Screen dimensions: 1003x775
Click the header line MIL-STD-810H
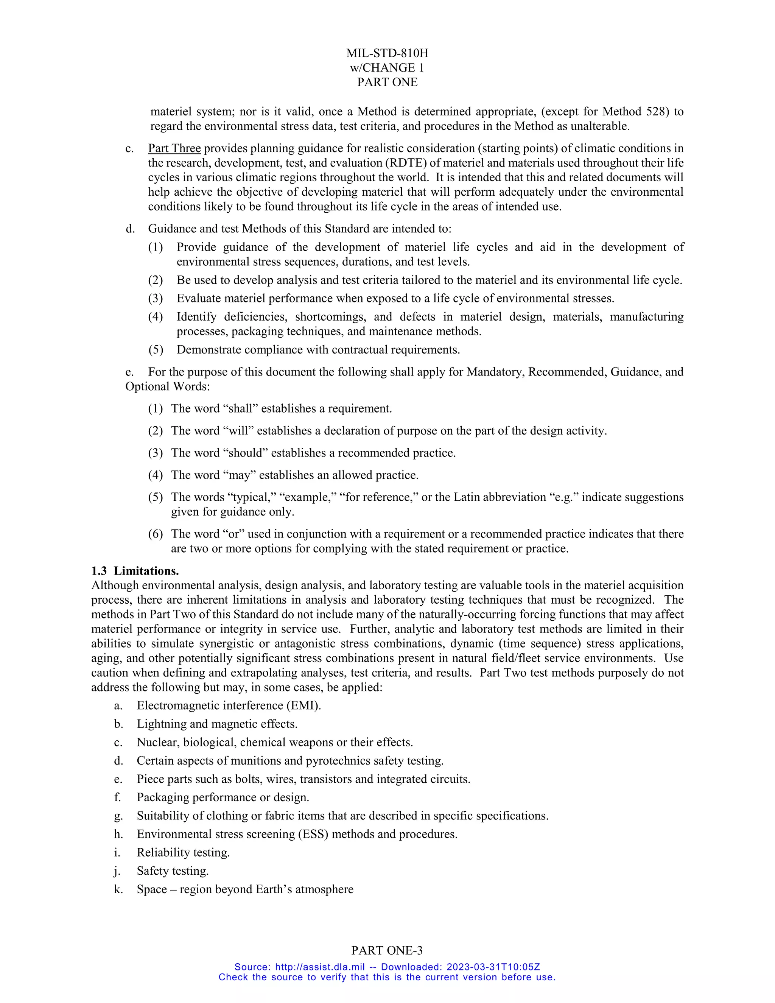click(387, 53)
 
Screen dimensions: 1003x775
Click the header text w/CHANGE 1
click(387, 68)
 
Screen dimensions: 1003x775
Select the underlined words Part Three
click(174, 148)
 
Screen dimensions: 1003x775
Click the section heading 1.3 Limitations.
click(135, 571)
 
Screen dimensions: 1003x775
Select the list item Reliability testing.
click(183, 852)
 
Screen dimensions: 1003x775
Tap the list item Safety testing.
click(173, 871)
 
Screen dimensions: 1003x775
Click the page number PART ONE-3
click(387, 950)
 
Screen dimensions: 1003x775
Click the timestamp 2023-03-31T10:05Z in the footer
click(493, 967)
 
